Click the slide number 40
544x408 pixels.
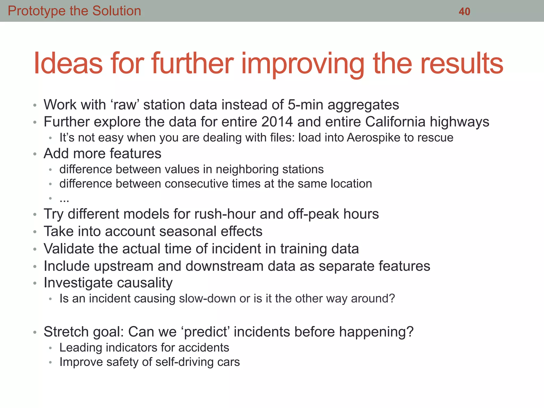point(464,11)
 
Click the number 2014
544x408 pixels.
point(277,122)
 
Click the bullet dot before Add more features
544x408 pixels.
point(35,154)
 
